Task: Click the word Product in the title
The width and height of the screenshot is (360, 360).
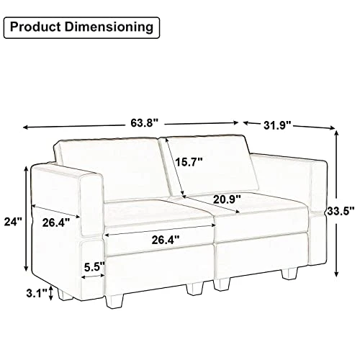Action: (x=35, y=27)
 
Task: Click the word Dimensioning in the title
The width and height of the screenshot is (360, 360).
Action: (x=109, y=27)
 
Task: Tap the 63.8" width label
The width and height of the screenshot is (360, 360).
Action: (x=145, y=123)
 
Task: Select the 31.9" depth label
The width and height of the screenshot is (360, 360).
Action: (x=277, y=125)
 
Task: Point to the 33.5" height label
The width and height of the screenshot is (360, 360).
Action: (x=341, y=211)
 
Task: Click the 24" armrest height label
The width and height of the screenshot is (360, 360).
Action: (x=13, y=222)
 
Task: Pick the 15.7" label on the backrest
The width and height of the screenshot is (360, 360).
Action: (x=189, y=162)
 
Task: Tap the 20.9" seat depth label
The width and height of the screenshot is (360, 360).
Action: (x=227, y=199)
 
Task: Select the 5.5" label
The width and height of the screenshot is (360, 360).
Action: (x=94, y=267)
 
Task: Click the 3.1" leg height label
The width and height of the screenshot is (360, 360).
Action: (x=37, y=293)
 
